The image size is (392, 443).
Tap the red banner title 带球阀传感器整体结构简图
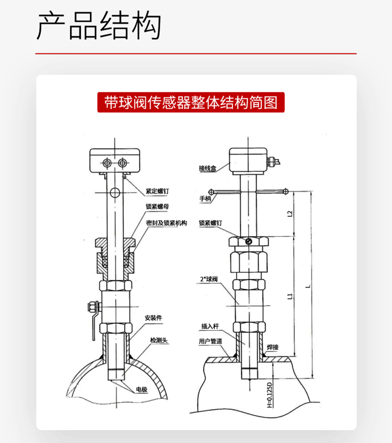191,102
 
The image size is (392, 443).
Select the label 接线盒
207,169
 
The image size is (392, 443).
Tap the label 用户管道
210,342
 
